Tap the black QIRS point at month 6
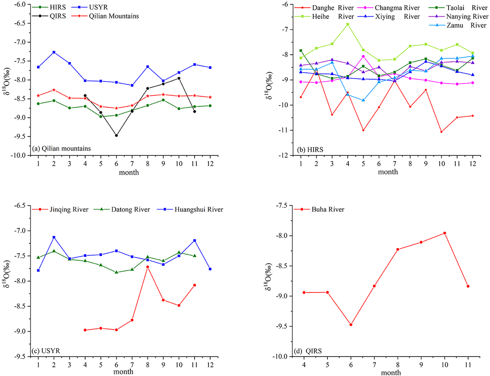pyautogui.click(x=116, y=135)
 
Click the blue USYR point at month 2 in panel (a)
pyautogui.click(x=54, y=52)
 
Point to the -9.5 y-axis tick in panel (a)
pyautogui.click(x=20, y=136)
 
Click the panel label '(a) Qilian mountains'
pyautogui.click(x=62, y=148)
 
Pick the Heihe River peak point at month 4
pyautogui.click(x=348, y=24)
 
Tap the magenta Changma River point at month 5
pyautogui.click(x=363, y=56)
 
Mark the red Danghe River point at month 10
pyautogui.click(x=441, y=132)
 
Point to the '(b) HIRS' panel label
pyautogui.click(x=310, y=150)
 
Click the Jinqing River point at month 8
pyautogui.click(x=148, y=267)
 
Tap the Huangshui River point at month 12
pyautogui.click(x=210, y=269)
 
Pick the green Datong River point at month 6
pyautogui.click(x=116, y=272)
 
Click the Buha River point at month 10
pyautogui.click(x=444, y=233)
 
